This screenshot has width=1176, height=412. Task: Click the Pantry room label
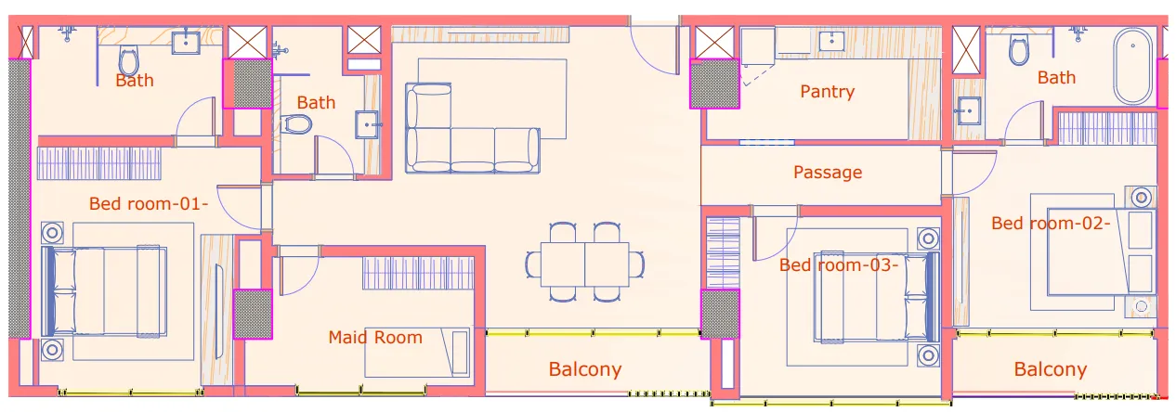tap(827, 91)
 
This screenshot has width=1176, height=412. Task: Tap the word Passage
tap(827, 172)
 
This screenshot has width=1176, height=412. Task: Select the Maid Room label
tap(374, 337)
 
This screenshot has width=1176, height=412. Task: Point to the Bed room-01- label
tap(148, 203)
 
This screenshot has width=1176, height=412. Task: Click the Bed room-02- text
tap(1051, 223)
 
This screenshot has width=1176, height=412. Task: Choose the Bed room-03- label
tap(838, 264)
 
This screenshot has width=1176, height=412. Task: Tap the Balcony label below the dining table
tap(584, 368)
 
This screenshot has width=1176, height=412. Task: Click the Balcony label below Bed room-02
tap(1050, 368)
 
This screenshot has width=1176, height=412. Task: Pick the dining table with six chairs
tap(584, 263)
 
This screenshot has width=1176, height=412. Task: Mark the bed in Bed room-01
tap(107, 291)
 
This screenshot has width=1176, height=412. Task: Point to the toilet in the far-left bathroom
tap(129, 60)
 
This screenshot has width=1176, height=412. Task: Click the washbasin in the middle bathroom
tap(368, 122)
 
